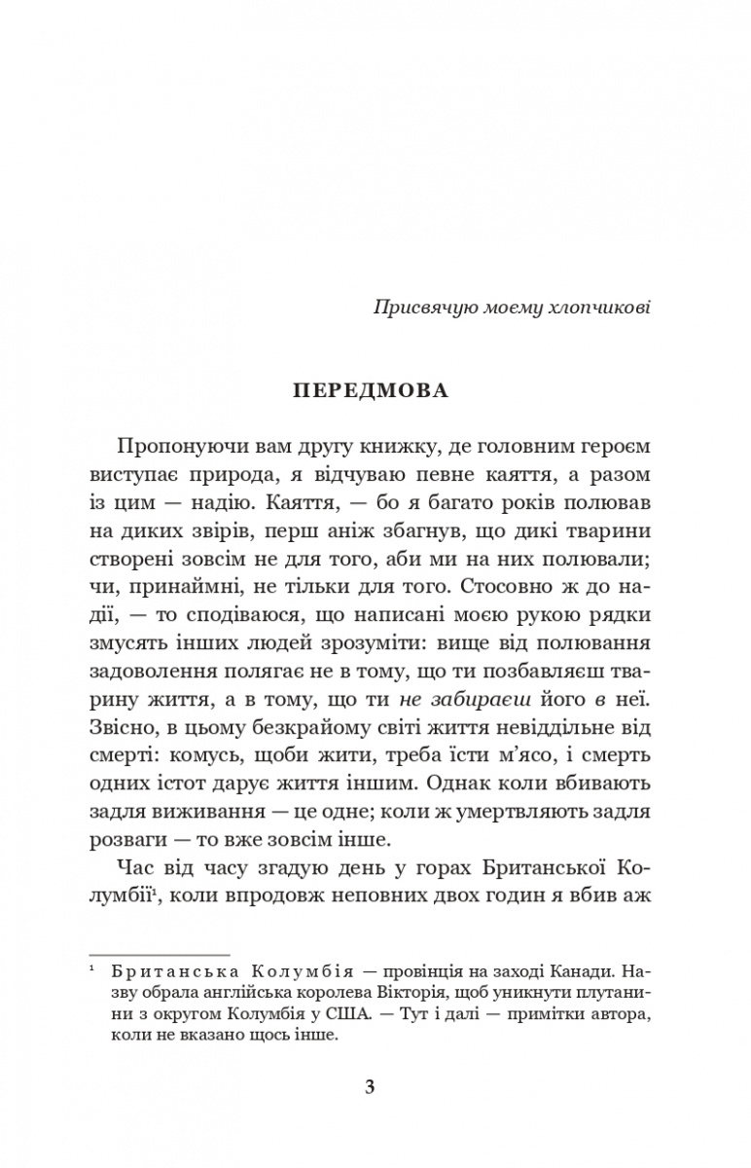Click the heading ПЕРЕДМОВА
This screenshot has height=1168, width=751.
coord(375,391)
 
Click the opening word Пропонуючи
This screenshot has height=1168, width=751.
coord(171,450)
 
